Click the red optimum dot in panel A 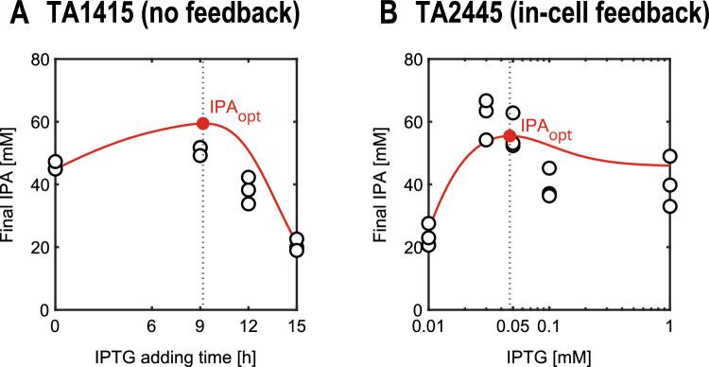coord(202,124)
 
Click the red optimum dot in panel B coord(510,136)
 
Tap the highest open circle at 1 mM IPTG coord(669,156)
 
